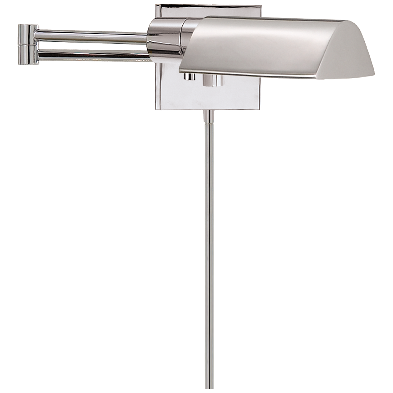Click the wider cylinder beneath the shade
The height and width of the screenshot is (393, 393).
coord(213,80)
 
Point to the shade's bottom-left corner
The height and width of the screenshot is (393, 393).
coord(180,72)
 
